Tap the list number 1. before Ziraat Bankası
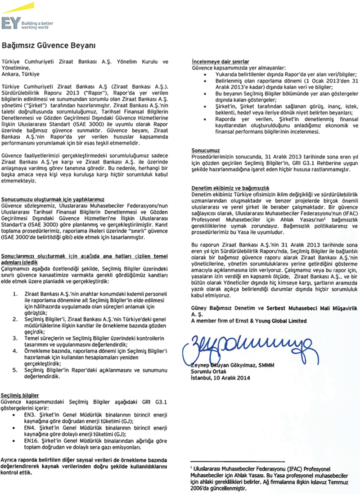point(16,293)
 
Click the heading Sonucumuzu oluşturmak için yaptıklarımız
point(53,198)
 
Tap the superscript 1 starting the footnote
point(192,468)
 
